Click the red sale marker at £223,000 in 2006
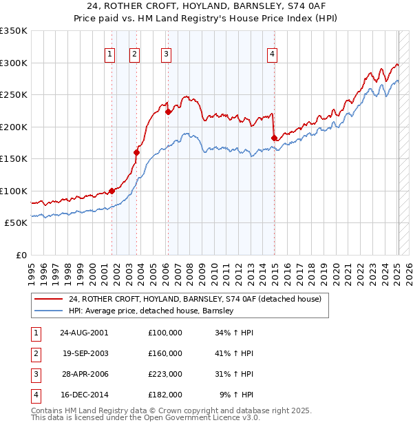168,111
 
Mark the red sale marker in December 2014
274,138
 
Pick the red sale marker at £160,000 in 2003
136,152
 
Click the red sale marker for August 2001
112,191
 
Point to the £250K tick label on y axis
14,95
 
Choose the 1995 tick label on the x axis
32,271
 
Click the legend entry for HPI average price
151,311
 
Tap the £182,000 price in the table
165,395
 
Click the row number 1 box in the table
35,333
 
